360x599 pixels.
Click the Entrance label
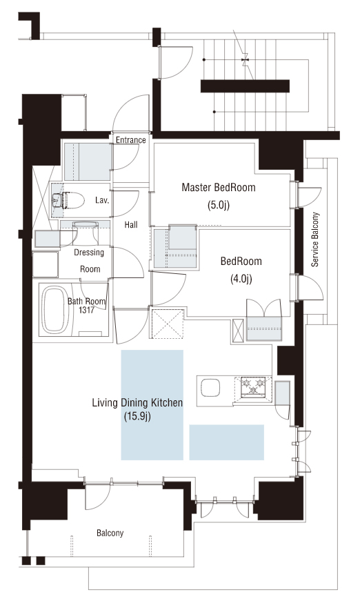(x=130, y=140)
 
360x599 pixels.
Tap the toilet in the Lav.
(x=68, y=200)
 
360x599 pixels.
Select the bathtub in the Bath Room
(x=57, y=311)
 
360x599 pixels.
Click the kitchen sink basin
(x=210, y=388)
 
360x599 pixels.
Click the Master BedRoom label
(x=219, y=187)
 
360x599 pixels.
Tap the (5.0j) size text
(x=219, y=205)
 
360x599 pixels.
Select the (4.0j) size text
(x=241, y=279)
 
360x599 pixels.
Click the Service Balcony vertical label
(x=315, y=239)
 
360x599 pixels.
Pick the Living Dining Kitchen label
(x=137, y=402)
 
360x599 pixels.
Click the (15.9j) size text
(x=137, y=416)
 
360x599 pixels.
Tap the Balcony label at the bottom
(x=110, y=533)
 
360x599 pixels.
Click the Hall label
(x=131, y=225)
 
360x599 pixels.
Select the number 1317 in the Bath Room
(x=86, y=311)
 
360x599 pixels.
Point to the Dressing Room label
(x=90, y=261)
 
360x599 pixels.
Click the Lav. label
(x=102, y=200)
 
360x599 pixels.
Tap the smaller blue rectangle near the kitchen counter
(x=227, y=442)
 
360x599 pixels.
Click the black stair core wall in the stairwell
(x=245, y=86)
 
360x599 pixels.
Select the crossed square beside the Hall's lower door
(x=167, y=323)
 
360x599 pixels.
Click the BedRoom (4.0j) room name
(x=241, y=262)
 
